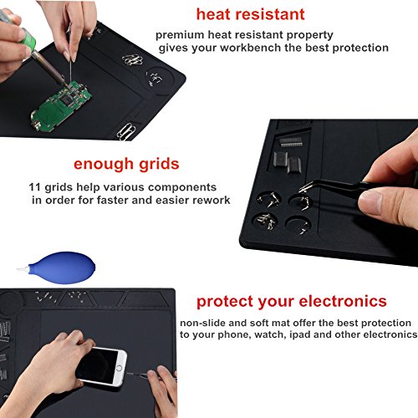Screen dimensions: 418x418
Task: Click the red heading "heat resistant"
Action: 250,15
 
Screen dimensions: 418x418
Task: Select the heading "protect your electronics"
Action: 291,301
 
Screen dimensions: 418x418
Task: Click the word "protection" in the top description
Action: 358,48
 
